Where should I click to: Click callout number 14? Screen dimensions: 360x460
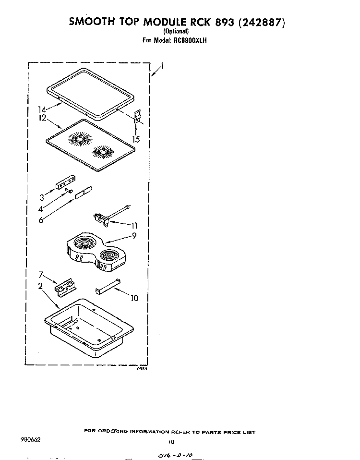coord(42,110)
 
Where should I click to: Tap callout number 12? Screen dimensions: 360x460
coord(42,118)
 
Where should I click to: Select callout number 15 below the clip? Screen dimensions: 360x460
coord(136,139)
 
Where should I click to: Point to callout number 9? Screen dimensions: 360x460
coord(134,235)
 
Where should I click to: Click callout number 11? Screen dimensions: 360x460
coord(134,226)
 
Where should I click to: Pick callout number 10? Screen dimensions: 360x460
coord(134,298)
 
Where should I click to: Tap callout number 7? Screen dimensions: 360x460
coord(41,275)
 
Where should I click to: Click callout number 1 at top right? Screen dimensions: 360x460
coord(162,66)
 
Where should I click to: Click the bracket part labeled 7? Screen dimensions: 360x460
coord(65,286)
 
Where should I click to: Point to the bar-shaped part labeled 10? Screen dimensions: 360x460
coord(108,286)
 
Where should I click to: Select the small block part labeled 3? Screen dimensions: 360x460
coord(66,182)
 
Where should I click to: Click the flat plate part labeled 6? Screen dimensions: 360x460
coord(84,193)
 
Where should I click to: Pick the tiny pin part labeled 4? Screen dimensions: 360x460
coord(69,191)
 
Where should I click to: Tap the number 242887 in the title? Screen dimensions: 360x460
coord(262,22)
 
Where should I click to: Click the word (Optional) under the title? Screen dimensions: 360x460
coord(176,31)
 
